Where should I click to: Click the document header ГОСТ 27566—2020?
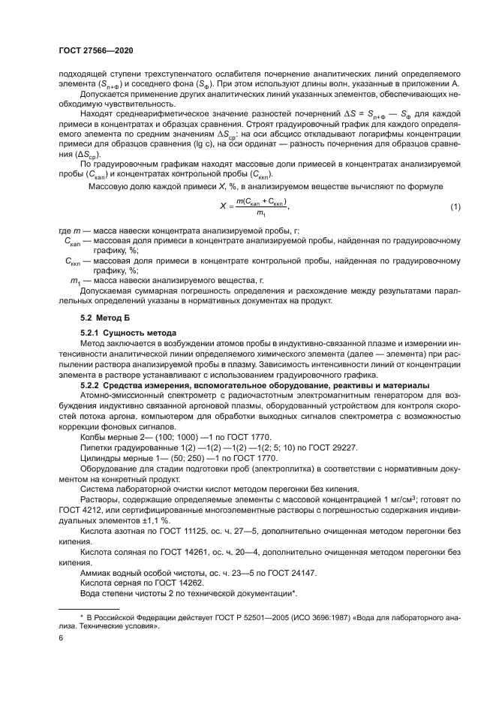pos(101,50)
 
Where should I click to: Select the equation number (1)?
pos(454,206)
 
